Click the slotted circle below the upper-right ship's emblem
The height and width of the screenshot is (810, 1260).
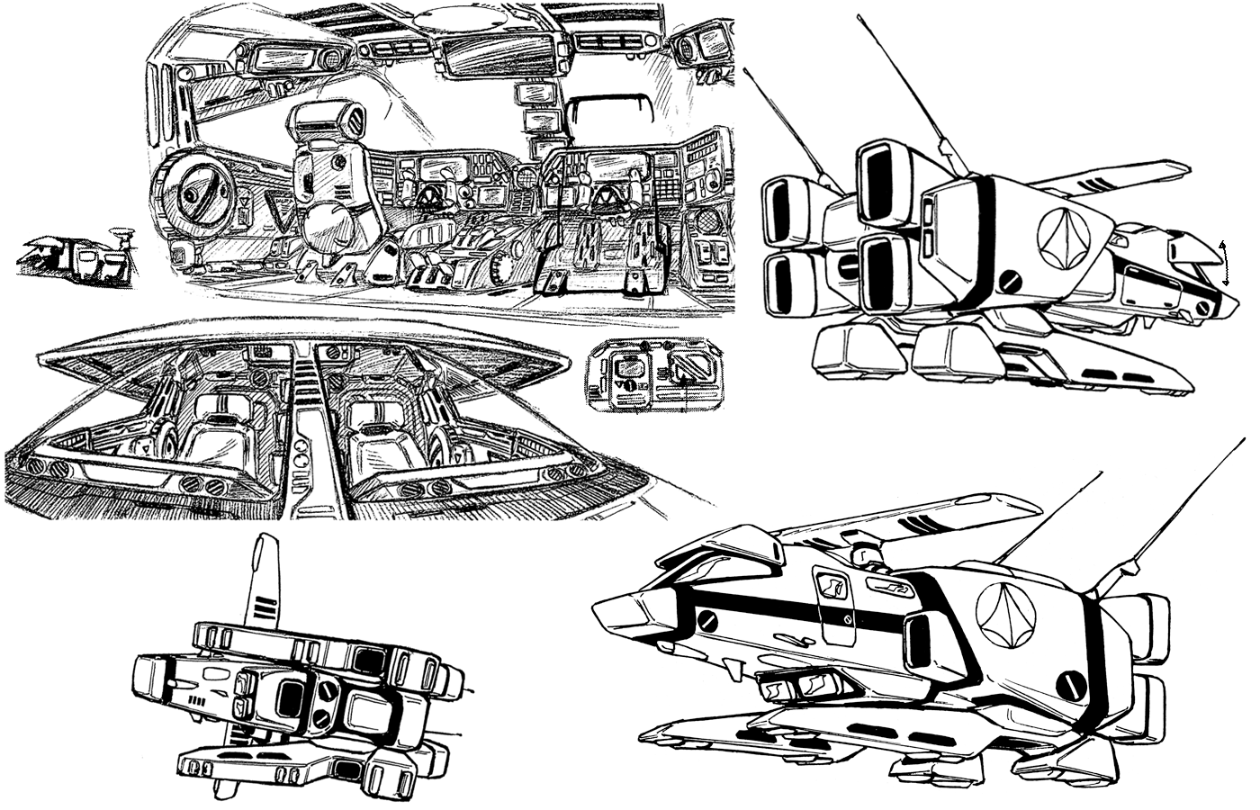(1012, 282)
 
